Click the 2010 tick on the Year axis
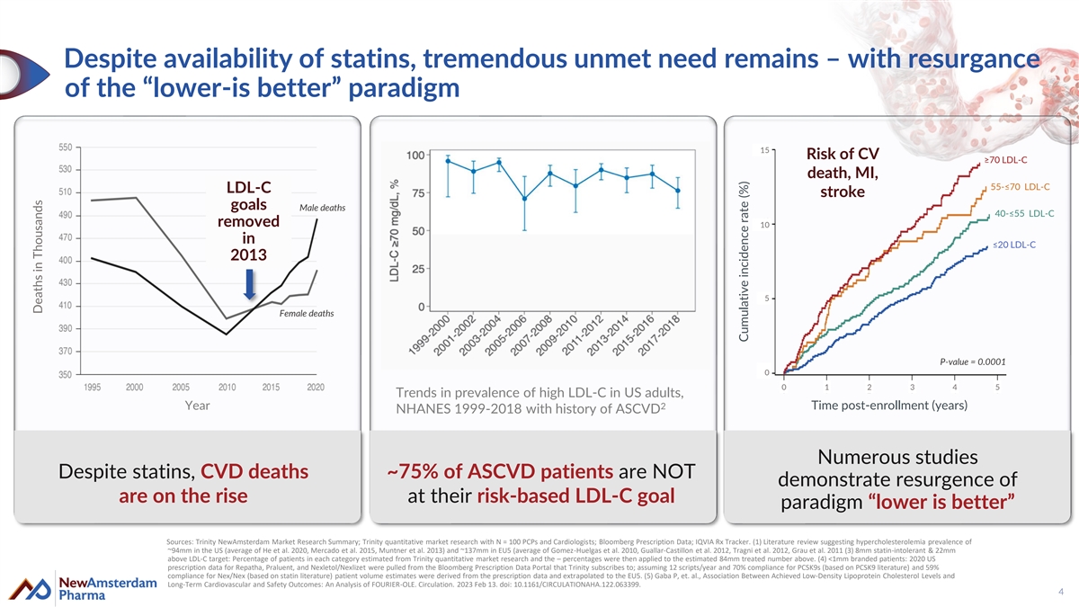click(x=227, y=387)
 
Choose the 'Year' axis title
click(x=197, y=406)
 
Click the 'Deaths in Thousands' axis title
click(x=38, y=256)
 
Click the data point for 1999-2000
click(x=448, y=162)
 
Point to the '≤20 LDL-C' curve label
click(x=1013, y=245)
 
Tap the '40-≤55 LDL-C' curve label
click(x=1024, y=213)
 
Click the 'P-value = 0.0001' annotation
click(x=972, y=362)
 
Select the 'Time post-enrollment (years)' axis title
click(x=889, y=406)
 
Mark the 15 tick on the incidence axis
click(x=764, y=150)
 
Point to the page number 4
click(x=1061, y=591)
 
